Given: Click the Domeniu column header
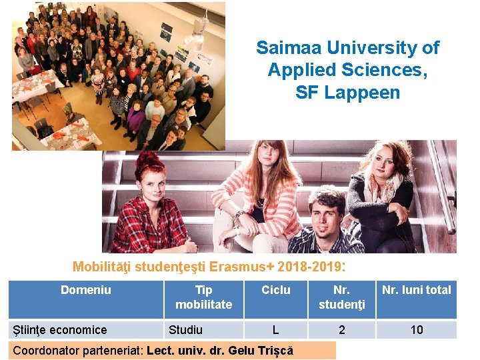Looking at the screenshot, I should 86,290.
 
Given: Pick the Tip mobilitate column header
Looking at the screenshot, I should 203,297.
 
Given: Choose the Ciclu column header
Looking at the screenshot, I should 275,290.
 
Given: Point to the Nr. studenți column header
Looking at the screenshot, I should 341,297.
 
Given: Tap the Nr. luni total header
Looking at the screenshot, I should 416,290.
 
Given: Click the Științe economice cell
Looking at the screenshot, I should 61,330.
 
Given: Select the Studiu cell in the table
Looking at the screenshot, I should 186,330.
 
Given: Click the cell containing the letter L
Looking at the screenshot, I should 275,330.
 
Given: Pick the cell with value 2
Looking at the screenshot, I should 342,330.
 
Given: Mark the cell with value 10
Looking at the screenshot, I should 417,330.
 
